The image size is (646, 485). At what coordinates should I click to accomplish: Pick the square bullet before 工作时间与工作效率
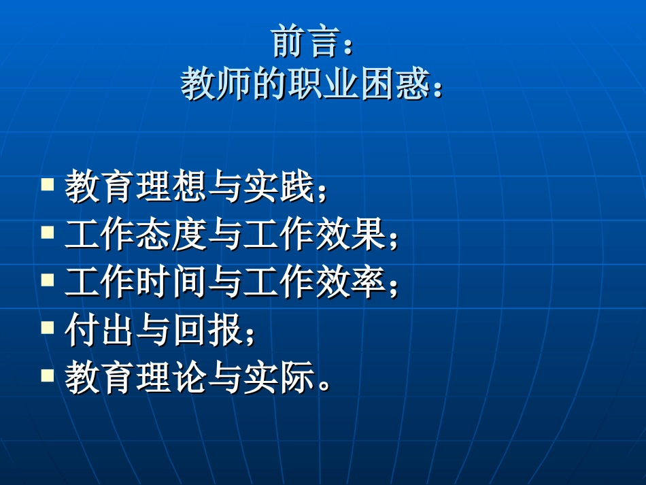pos(48,280)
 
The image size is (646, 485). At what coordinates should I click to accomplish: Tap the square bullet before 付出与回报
pos(48,327)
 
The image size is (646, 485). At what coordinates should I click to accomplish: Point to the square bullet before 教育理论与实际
pos(48,375)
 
